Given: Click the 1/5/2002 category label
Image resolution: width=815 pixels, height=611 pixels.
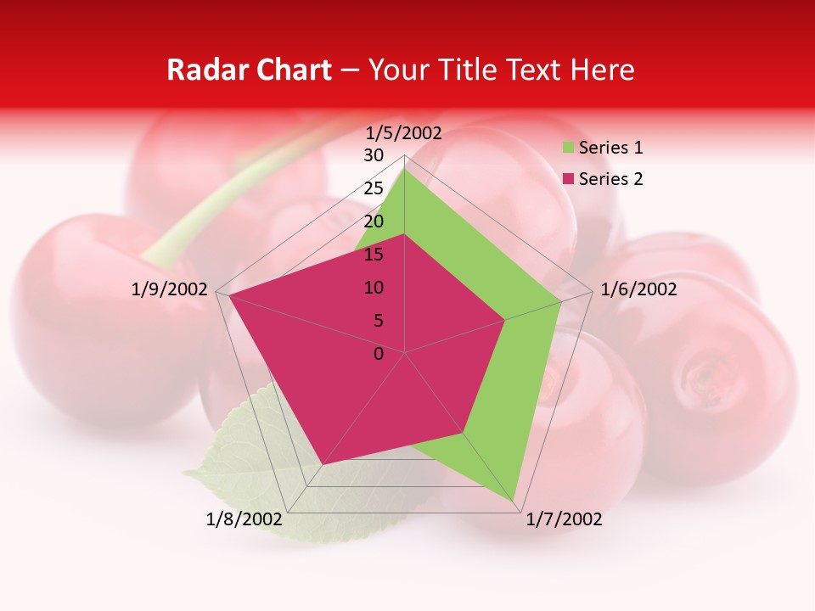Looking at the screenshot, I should coord(403,133).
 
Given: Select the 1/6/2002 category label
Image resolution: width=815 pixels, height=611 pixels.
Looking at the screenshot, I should coord(638,289).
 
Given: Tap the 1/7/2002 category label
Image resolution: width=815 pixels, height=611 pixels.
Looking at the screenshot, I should coord(564,519).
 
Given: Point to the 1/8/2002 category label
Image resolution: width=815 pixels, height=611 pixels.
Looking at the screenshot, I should coord(244,519).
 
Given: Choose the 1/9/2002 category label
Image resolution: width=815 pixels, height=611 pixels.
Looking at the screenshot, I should coord(170,289).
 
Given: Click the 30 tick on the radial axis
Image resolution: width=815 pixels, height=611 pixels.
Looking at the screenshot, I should coord(374,155).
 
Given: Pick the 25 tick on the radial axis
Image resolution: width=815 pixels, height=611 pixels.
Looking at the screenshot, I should coord(374,188).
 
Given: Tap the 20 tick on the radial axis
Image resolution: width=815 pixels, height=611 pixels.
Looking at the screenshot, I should coord(374,221).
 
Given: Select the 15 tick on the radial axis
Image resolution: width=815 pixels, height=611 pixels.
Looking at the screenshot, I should coord(374,255).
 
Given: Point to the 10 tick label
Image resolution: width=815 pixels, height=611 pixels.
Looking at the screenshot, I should coord(374,288).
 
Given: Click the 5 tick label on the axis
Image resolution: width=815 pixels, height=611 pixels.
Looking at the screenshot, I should coord(378,321).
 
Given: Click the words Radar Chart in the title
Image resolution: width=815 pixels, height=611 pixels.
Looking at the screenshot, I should coord(249,70).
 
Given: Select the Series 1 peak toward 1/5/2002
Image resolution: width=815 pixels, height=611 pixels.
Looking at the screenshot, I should coord(405,170).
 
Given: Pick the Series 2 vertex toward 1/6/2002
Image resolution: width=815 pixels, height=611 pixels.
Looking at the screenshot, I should coord(505,320).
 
